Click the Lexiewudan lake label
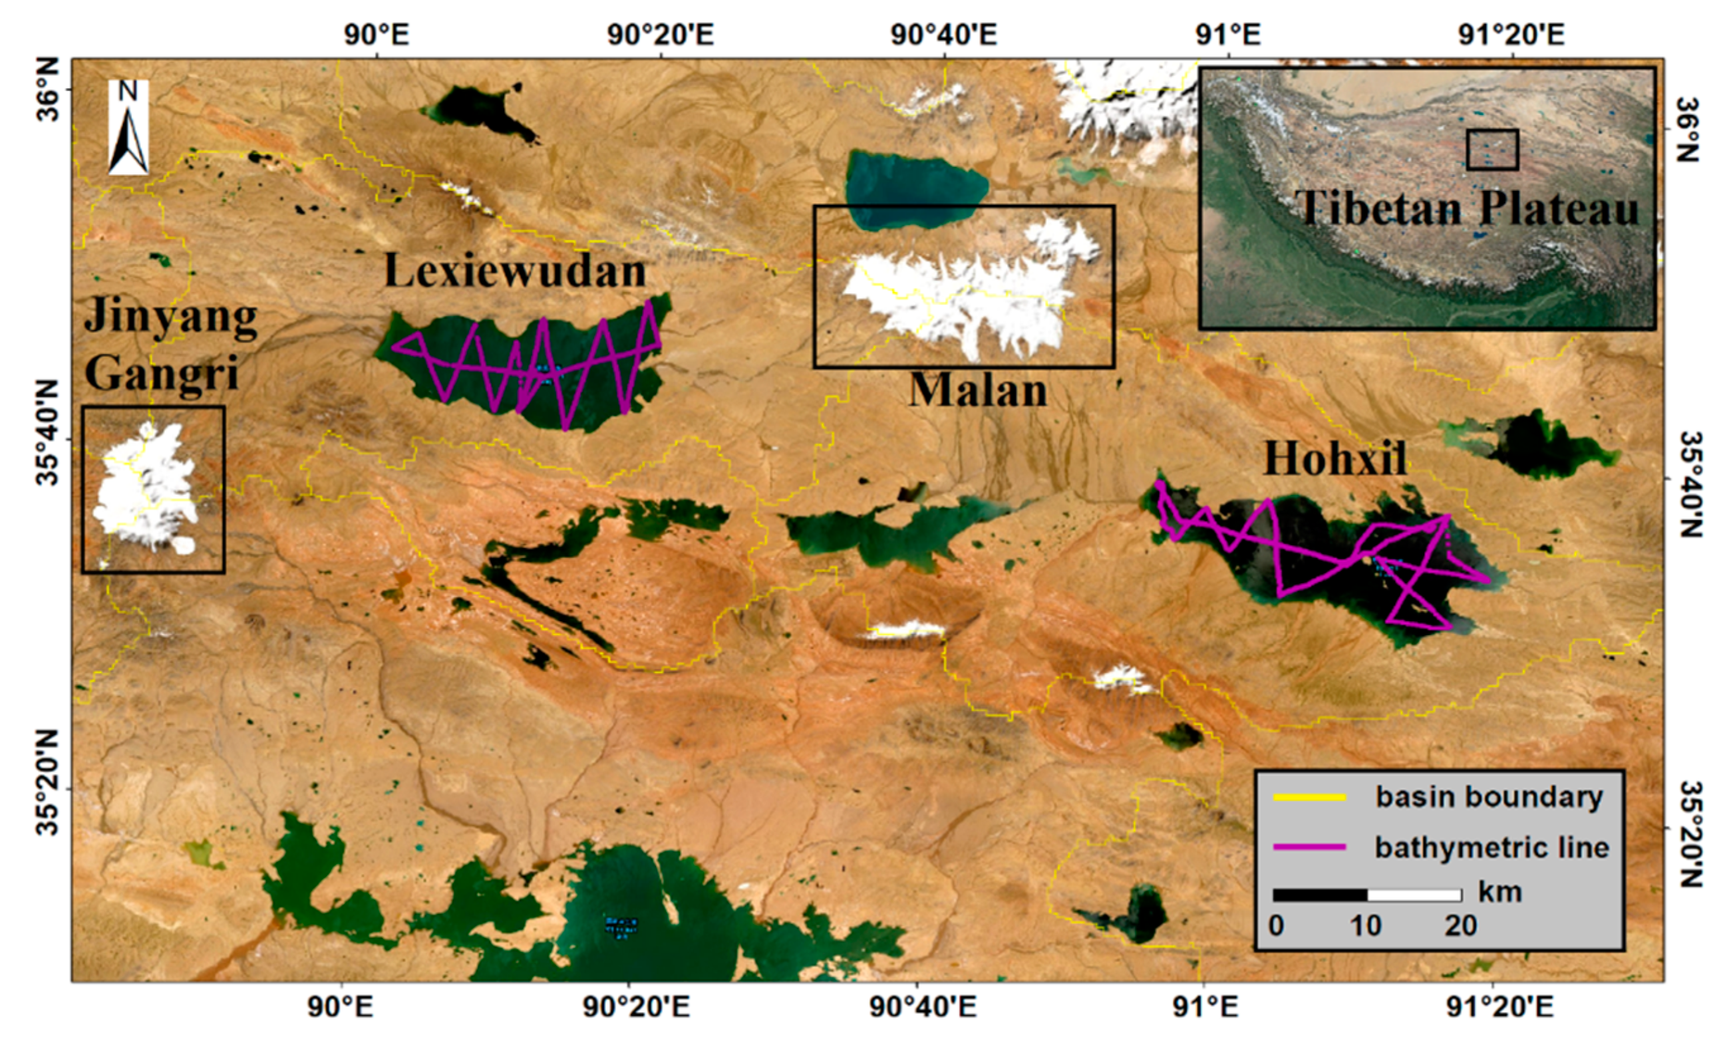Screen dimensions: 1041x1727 (515, 272)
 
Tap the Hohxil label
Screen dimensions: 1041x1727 (1334, 460)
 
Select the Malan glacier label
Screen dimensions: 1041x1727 (978, 390)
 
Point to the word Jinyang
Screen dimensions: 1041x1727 (170, 319)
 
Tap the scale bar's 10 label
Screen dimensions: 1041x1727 (1366, 926)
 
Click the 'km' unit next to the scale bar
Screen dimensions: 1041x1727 (1500, 893)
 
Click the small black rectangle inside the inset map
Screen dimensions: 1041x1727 (1492, 149)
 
